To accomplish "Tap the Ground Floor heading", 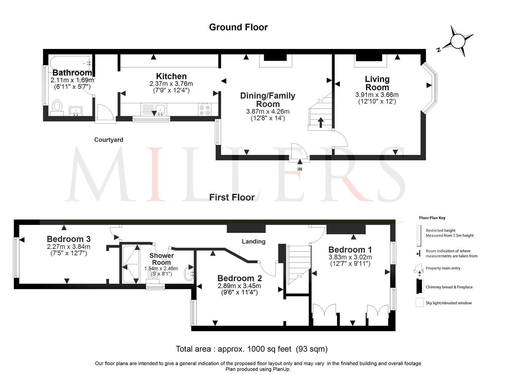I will pos(238,27).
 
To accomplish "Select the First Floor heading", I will pos(232,197).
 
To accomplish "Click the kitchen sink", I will pos(160,109).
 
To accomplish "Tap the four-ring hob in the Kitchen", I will pos(205,109).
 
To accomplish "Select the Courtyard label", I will pos(108,140).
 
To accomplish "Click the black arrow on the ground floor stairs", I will pos(320,123).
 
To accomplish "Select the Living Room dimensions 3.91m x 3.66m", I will pos(377,95).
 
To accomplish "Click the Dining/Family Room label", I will pos(268,100).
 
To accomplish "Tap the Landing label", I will pos(253,241).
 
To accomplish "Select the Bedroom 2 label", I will pos(239,278).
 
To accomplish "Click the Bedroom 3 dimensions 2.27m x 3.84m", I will pos(68,247).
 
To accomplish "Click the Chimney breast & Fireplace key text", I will pos(449,287).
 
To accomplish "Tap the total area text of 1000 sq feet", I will pos(252,349).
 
